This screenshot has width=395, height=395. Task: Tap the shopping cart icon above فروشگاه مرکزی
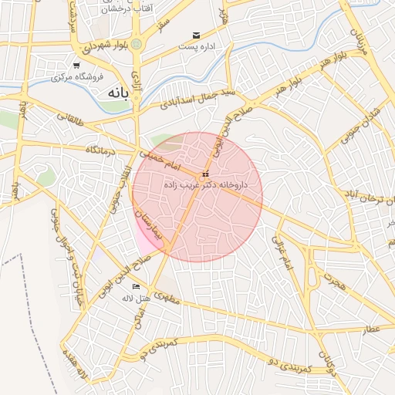point(76,65)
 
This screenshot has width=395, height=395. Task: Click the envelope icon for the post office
point(197,35)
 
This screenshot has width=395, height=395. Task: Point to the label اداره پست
point(194,48)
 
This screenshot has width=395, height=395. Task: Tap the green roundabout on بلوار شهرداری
point(137,45)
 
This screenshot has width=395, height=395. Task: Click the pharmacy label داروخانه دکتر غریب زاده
point(204,186)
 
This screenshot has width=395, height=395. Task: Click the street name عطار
point(373,330)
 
